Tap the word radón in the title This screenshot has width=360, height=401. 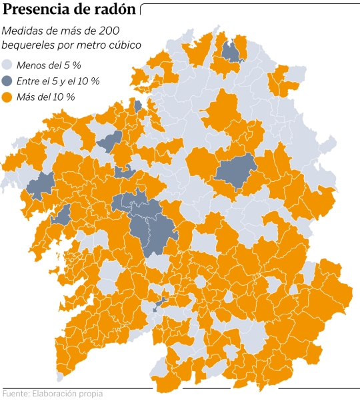118,11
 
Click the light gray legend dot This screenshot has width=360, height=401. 8,65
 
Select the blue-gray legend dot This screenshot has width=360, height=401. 8,81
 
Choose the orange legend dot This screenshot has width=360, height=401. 8,97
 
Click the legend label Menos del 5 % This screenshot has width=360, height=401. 49,65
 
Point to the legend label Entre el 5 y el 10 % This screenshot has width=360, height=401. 59,81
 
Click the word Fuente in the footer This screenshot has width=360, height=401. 15,394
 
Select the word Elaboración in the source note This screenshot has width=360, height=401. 55,394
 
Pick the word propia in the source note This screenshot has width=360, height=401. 92,394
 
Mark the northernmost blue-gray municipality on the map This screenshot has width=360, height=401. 231,51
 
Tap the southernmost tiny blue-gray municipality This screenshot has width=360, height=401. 158,306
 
